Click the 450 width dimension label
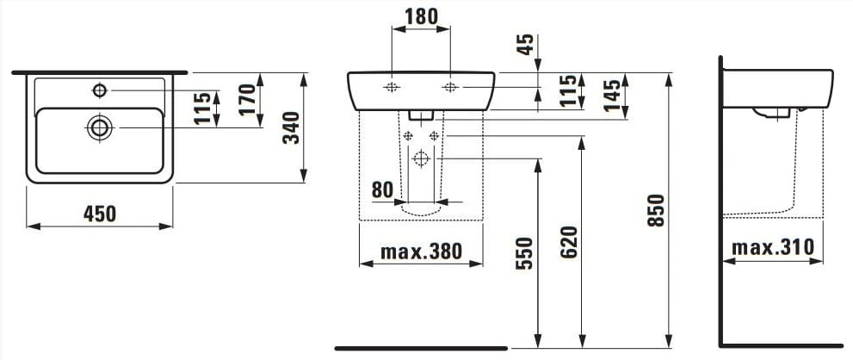click(x=100, y=214)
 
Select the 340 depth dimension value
click(x=292, y=127)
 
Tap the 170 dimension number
click(x=247, y=100)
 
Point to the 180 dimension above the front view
click(x=422, y=16)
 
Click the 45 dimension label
click(x=524, y=44)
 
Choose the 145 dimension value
click(x=611, y=96)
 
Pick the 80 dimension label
click(x=382, y=189)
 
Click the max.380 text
click(x=421, y=251)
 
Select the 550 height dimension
click(x=524, y=253)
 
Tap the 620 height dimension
click(x=568, y=241)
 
